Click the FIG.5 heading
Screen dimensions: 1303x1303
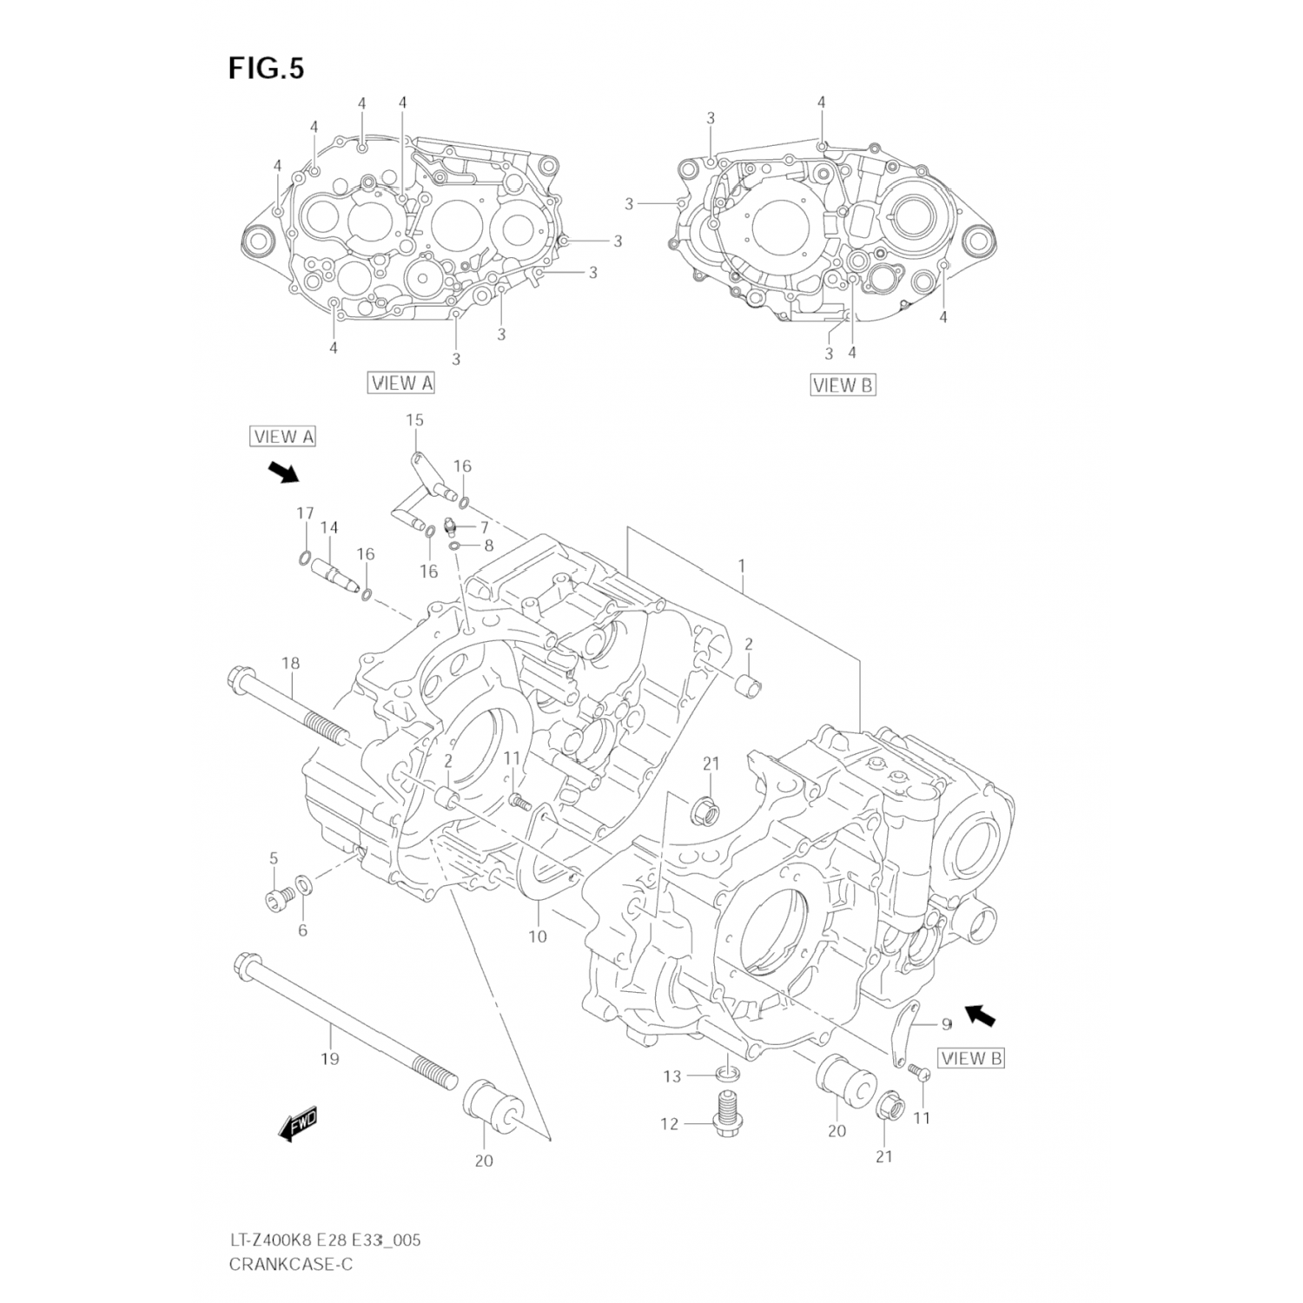click(267, 69)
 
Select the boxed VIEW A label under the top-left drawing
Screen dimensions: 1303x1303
click(400, 382)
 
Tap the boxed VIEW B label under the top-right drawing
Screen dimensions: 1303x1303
click(843, 385)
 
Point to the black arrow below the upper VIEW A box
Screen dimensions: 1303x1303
click(282, 473)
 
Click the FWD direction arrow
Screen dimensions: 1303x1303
click(298, 1124)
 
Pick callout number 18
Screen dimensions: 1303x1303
click(290, 664)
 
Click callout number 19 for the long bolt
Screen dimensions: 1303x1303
click(330, 1059)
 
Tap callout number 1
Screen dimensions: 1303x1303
click(742, 566)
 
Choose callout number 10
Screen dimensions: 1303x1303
click(538, 936)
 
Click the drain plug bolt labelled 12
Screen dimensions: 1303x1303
click(724, 1115)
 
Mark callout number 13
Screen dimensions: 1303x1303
click(672, 1077)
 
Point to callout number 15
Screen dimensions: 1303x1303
click(414, 420)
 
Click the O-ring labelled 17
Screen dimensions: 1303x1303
click(305, 557)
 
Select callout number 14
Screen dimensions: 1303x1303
click(328, 527)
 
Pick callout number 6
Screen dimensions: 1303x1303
click(302, 930)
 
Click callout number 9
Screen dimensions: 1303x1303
click(946, 1025)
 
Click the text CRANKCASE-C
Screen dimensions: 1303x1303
click(290, 1265)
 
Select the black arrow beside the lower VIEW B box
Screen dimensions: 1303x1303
click(981, 1015)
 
